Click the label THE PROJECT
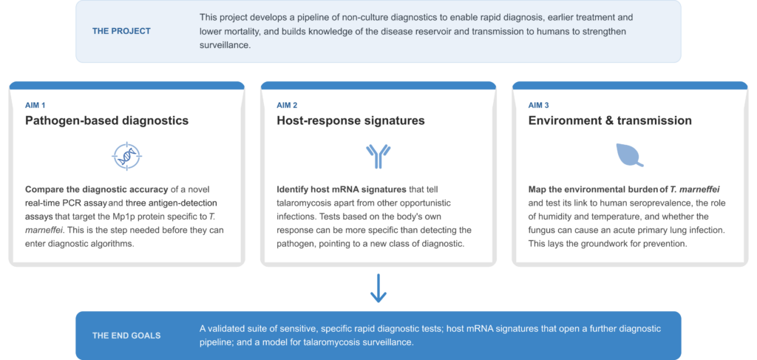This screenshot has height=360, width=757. pyautogui.click(x=121, y=31)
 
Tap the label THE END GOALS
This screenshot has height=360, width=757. pyautogui.click(x=126, y=336)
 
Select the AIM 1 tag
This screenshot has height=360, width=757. pyautogui.click(x=35, y=105)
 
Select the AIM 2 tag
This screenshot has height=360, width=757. pyautogui.click(x=287, y=105)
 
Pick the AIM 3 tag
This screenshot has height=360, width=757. pyautogui.click(x=539, y=105)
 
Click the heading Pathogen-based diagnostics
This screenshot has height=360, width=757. pyautogui.click(x=106, y=120)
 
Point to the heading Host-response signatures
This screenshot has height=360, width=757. pyautogui.click(x=350, y=120)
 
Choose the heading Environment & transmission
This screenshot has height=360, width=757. pyautogui.click(x=610, y=120)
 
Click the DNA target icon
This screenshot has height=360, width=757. pyautogui.click(x=127, y=156)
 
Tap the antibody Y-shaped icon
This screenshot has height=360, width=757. pyautogui.click(x=378, y=156)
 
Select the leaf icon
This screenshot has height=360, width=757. pyautogui.click(x=630, y=155)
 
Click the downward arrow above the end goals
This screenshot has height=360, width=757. pyautogui.click(x=378, y=288)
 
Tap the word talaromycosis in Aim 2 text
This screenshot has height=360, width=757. pyautogui.click(x=300, y=203)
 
